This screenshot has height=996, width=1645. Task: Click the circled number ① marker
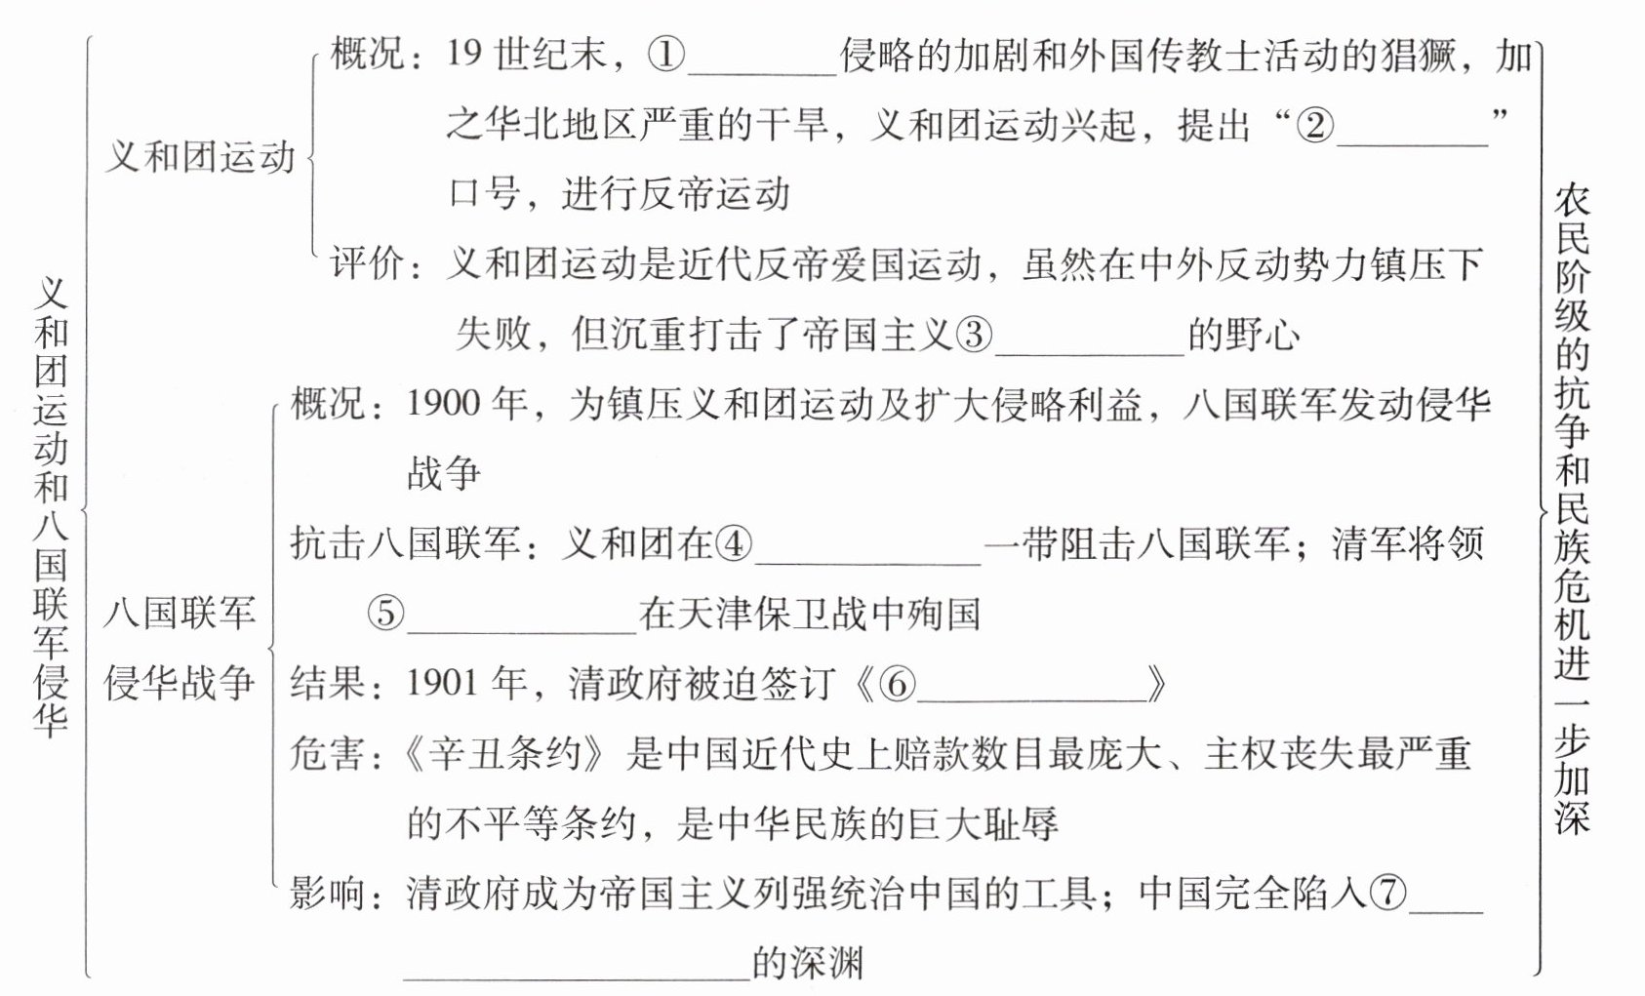point(667,56)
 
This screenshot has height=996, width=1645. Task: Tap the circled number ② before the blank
point(1315,126)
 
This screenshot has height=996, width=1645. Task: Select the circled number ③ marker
point(972,335)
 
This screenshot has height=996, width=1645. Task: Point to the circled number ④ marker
point(734,543)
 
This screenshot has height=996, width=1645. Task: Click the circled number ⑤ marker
point(385,614)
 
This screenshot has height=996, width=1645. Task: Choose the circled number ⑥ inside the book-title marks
point(898,684)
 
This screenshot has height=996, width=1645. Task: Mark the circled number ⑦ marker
point(1388,893)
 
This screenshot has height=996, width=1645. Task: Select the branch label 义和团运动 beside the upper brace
point(199,157)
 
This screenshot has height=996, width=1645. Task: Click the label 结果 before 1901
point(327,684)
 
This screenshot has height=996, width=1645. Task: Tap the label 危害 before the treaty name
point(327,754)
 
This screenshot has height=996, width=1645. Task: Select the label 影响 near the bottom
point(327,893)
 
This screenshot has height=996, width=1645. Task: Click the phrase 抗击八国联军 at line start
point(405,543)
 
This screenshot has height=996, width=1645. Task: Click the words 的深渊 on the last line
point(808,963)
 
